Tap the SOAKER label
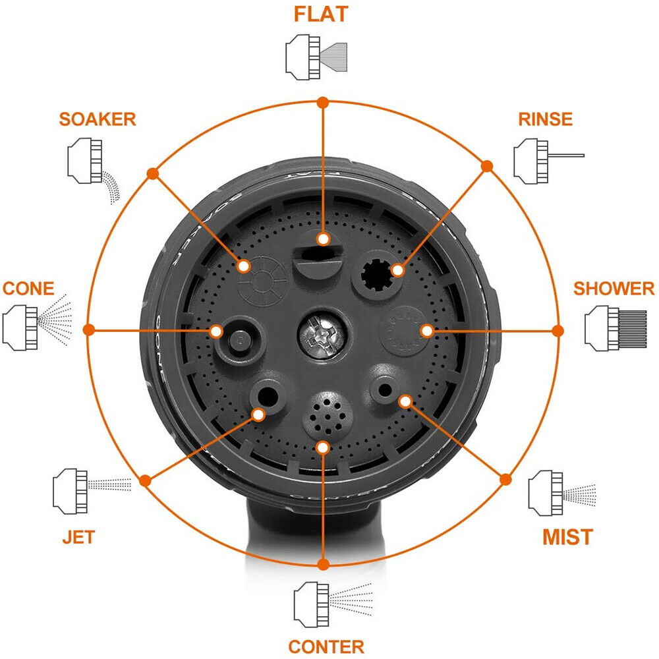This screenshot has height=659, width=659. (97, 119)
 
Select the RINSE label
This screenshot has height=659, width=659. (545, 119)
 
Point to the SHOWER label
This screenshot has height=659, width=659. (614, 289)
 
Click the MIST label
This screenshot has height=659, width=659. (567, 537)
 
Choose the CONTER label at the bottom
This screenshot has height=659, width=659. (326, 646)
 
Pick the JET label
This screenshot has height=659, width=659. (78, 537)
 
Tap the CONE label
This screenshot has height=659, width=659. (28, 289)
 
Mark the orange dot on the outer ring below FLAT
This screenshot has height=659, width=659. (322, 102)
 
